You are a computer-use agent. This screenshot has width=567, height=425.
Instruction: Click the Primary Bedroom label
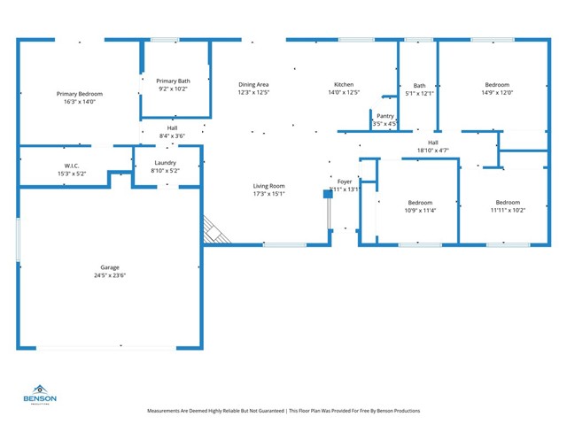(x=80, y=94)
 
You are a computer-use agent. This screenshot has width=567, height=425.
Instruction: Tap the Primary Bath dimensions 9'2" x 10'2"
(x=173, y=89)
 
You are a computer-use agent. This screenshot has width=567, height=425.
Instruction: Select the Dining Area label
(x=253, y=85)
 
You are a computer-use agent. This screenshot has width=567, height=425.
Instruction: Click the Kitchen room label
(x=344, y=85)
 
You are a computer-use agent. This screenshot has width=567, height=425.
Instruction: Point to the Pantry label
(x=385, y=116)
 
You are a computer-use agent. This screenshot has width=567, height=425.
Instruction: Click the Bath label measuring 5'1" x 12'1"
(x=419, y=86)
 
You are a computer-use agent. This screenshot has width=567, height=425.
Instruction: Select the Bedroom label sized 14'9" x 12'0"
(x=497, y=85)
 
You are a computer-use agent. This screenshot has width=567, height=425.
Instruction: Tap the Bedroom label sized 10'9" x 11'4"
(x=419, y=203)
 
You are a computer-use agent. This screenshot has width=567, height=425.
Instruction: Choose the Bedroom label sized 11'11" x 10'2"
(x=508, y=203)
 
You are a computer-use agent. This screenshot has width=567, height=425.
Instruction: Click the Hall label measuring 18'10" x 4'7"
(x=433, y=143)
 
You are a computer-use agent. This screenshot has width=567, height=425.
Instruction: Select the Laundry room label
(x=165, y=163)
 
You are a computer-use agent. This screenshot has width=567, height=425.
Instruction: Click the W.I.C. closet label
(x=73, y=166)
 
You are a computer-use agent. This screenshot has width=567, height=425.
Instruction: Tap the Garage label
(x=110, y=267)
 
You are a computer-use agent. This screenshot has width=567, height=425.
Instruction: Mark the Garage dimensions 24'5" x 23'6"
(x=110, y=274)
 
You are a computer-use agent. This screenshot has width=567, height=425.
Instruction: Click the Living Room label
(x=268, y=186)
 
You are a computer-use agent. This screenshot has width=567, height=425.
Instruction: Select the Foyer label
(x=345, y=182)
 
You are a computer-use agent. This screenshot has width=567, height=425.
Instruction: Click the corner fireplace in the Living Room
(x=215, y=231)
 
